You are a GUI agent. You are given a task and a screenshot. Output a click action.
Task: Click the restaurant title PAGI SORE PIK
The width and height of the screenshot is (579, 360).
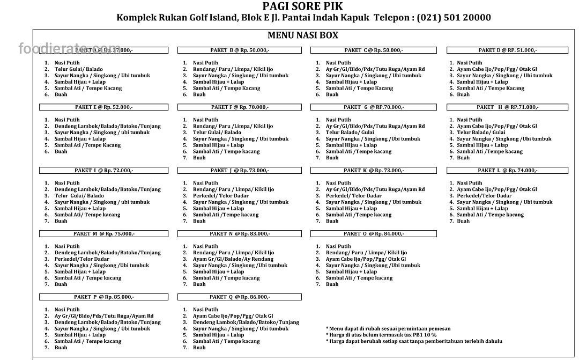pos(303,6)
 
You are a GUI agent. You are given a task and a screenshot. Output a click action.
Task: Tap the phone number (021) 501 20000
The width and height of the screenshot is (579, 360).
pos(454,17)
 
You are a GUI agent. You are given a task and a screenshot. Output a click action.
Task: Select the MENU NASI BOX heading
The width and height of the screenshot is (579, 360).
pos(303,35)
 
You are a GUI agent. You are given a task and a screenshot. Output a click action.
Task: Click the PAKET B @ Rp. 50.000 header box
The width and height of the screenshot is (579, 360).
pos(240,50)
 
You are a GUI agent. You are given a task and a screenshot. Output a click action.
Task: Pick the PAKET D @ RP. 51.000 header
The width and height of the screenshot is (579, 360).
pos(507,50)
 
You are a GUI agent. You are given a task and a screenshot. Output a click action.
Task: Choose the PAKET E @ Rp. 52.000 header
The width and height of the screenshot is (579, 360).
pos(104,107)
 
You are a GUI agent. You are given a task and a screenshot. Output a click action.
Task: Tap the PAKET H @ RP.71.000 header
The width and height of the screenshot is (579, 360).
pos(507,107)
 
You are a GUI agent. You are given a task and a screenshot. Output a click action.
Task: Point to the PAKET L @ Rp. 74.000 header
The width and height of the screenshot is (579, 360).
pos(507,171)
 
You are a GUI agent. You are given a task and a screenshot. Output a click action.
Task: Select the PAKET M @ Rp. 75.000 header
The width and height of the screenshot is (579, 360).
pos(104,234)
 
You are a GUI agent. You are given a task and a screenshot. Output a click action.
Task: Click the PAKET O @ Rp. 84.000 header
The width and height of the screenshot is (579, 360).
pos(374,234)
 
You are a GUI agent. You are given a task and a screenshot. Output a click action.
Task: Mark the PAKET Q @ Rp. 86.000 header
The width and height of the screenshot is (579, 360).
pos(240,297)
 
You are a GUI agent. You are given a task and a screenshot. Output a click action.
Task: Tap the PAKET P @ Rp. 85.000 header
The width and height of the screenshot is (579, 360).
pos(104,297)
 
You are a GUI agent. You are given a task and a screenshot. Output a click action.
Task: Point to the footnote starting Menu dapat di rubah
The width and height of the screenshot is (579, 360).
pos(388,328)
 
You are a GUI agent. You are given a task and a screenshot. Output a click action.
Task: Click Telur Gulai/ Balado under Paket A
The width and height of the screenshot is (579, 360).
pos(79,69)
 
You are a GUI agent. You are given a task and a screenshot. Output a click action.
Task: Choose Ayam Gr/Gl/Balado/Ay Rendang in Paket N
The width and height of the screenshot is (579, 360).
pos(233,259)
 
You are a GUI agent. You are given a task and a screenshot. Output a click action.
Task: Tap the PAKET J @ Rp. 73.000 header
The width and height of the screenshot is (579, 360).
pos(240,171)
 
